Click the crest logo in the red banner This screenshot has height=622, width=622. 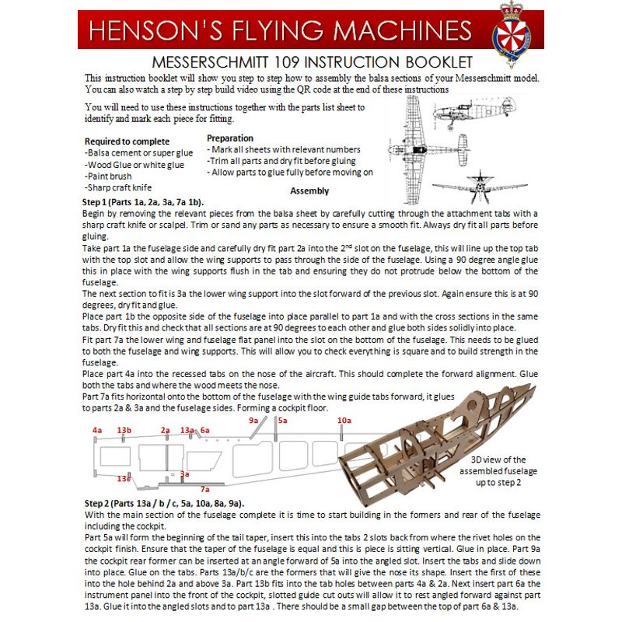coord(512,34)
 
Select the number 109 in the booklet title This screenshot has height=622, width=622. coord(287,62)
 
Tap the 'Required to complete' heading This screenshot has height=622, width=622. coord(127,142)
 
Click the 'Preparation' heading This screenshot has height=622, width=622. coord(230,138)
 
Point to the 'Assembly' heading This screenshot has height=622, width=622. coord(309,190)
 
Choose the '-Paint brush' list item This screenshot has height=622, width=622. coord(108,176)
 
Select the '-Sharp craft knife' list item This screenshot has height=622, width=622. coord(118,187)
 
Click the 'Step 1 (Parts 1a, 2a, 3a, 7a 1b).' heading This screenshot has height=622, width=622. coord(143,202)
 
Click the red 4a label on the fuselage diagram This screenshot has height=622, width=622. coord(97,430)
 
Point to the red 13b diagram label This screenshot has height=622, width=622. coord(124,430)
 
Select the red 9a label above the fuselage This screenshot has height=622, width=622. coord(253,420)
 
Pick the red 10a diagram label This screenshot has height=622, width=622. coord(344,420)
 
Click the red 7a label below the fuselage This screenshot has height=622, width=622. coord(204,489)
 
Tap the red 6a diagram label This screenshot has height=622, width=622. coord(204,430)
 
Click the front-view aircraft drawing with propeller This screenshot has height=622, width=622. coord(480,187)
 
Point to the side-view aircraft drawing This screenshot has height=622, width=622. coord(474,112)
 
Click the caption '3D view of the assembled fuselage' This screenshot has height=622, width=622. coord(498,465)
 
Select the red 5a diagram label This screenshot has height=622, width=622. coord(282,420)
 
